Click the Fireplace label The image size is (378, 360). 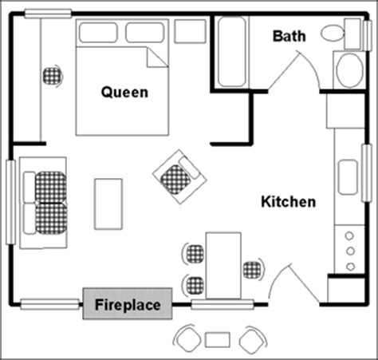[x=128, y=305]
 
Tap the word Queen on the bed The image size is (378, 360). [x=124, y=93]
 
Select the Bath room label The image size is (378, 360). [x=289, y=36]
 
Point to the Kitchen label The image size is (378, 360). [x=289, y=202]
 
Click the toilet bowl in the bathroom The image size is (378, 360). [x=333, y=33]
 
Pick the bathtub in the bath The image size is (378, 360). [x=231, y=52]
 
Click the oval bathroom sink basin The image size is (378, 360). [x=349, y=70]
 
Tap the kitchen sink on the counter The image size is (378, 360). [x=348, y=177]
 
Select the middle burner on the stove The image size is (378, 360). [x=350, y=251]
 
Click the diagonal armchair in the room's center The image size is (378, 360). [x=179, y=176]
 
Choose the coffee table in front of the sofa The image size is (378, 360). [x=108, y=204]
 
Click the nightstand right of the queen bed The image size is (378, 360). [x=190, y=31]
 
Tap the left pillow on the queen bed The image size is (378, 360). [x=98, y=33]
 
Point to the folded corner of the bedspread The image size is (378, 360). [x=157, y=57]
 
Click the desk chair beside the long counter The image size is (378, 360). [x=53, y=76]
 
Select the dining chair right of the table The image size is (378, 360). [x=254, y=269]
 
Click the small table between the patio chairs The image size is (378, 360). [x=218, y=339]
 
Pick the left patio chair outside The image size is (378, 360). [x=187, y=338]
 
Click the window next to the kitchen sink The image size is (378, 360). [x=367, y=173]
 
